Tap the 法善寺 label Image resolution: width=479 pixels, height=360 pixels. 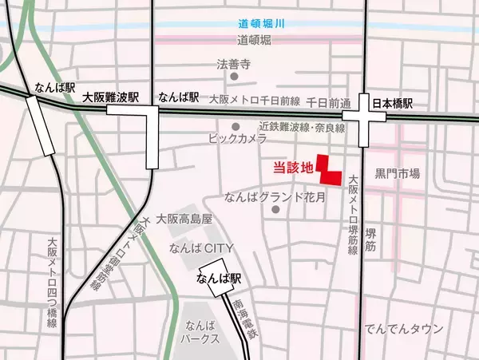[234, 63]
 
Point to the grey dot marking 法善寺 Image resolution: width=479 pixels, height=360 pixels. [234, 77]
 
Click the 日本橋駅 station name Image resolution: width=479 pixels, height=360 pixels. [395, 104]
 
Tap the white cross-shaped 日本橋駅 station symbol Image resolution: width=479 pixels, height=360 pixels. [364, 120]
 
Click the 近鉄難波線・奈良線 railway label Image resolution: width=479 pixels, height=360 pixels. [301, 127]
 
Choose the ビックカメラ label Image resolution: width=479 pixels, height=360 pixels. [237, 140]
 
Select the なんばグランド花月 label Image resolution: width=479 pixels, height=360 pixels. [275, 196]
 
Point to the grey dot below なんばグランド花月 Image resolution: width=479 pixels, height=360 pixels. [275, 210]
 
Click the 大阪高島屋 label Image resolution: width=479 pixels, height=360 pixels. [184, 218]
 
